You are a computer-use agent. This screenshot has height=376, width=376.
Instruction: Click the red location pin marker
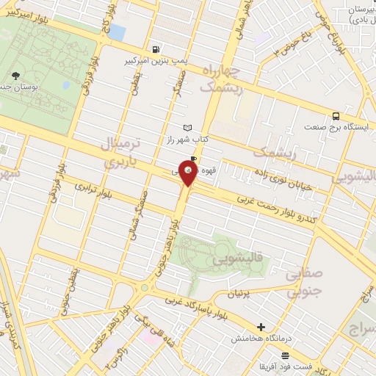point(189,173)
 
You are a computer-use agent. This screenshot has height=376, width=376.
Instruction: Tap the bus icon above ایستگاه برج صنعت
point(336,115)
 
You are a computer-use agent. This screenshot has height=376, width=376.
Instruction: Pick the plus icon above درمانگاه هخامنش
point(261,326)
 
